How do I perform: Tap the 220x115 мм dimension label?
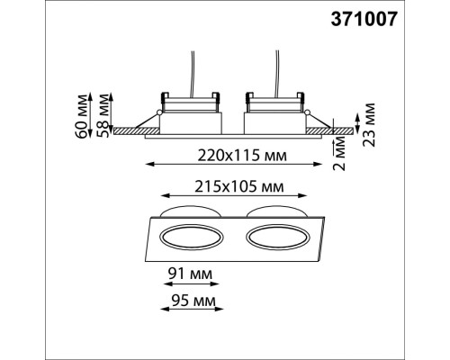pos(237,154)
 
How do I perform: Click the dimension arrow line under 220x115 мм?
pos(237,165)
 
